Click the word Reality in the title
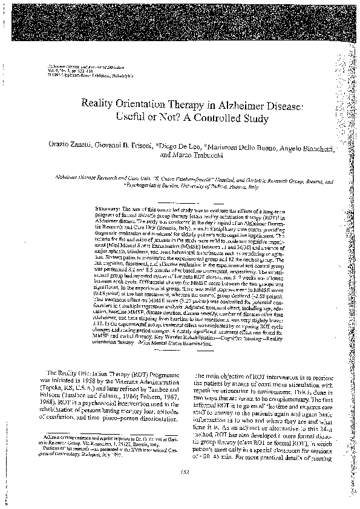pyautogui.click(x=99, y=103)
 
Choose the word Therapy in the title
pyautogui.click(x=185, y=103)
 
